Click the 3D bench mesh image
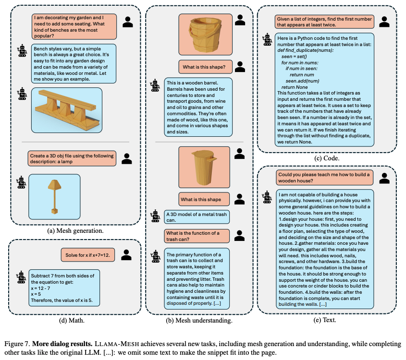pos(67,110)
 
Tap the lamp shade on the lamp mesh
pos(54,185)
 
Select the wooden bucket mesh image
pos(205,34)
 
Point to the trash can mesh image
pos(204,167)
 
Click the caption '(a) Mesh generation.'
pos(75,230)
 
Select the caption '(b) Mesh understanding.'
pos(199,321)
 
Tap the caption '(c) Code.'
pos(327,158)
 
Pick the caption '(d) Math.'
pos(72,321)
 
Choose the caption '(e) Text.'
pos(325,320)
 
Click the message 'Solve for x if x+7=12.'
pos(88,255)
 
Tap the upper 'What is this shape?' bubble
pos(205,67)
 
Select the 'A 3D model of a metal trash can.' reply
pos(197,217)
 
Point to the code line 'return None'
pos(295,87)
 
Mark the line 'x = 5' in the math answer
pos(36,294)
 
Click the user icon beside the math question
pos(126,255)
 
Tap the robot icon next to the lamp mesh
pos(21,182)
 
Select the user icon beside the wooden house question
pos(384,178)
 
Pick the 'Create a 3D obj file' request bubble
pos(72,158)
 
